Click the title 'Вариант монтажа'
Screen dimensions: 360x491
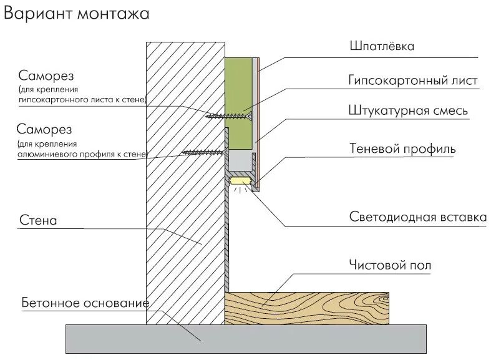tap(76, 14)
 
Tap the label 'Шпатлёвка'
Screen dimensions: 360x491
tap(381, 46)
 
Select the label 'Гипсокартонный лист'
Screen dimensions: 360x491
tap(413, 80)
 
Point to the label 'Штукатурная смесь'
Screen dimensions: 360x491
tap(408, 112)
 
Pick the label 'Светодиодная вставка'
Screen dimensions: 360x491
tap(417, 218)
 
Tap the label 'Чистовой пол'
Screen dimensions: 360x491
tap(390, 266)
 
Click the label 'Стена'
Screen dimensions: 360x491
tap(38, 221)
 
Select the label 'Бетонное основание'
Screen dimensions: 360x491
tap(84, 303)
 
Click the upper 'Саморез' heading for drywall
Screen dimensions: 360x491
tap(46, 76)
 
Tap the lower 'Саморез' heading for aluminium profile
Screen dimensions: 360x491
tap(45, 130)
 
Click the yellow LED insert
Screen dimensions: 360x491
tap(240, 181)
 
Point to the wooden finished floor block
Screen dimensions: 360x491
tap(306, 308)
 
